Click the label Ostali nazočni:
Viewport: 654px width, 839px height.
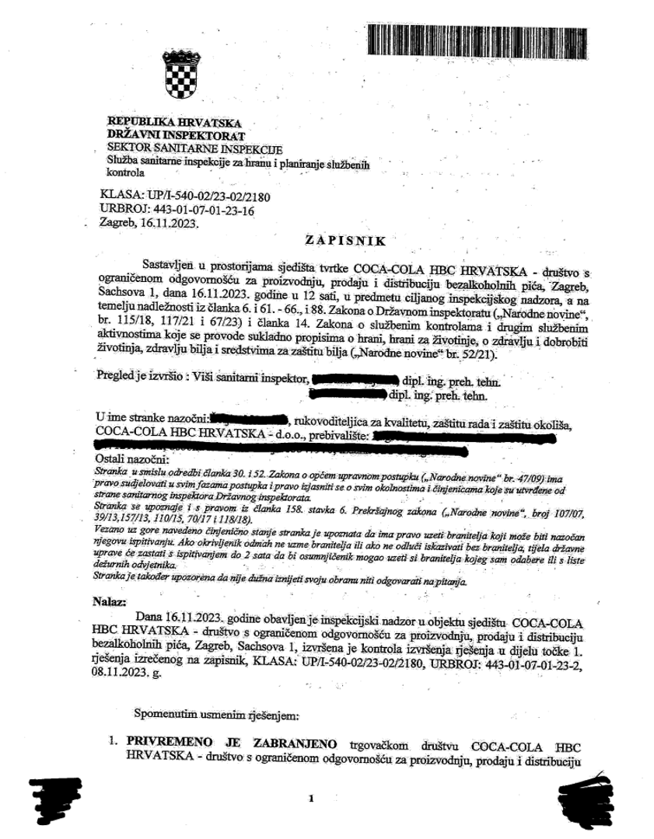coord(123,459)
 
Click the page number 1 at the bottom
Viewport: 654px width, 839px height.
coord(310,799)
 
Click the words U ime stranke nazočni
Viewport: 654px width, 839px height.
coord(151,420)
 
